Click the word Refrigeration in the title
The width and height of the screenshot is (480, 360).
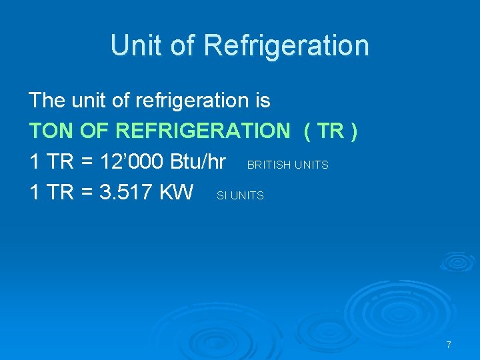(x=287, y=46)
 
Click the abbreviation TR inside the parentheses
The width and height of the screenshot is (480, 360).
(x=330, y=131)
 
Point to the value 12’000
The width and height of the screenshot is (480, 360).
(x=132, y=162)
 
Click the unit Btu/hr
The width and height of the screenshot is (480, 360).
(x=198, y=162)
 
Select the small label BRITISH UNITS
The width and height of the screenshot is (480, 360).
(x=288, y=165)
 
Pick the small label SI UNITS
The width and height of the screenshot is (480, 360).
(x=240, y=195)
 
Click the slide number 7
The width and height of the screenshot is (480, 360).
(x=449, y=345)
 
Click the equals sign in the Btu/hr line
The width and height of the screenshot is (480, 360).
(x=85, y=162)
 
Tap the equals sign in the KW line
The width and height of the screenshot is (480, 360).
(x=85, y=193)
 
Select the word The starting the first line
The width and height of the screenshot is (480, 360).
(x=47, y=101)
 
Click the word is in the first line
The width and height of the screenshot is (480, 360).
(x=262, y=101)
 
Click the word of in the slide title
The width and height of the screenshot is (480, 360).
(x=182, y=45)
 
